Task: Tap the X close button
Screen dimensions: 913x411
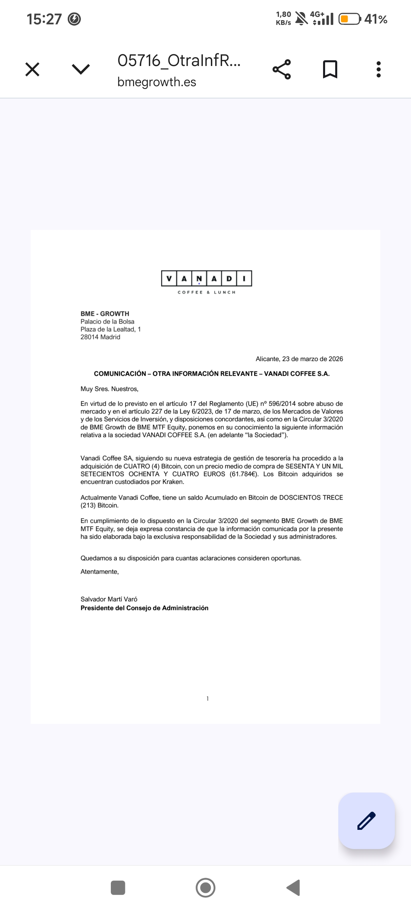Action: pos(32,69)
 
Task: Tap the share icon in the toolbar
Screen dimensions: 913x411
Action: pos(282,69)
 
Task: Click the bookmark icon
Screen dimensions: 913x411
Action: pos(330,69)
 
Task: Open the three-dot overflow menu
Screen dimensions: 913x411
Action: pos(378,69)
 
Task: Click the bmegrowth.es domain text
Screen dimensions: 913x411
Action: pos(156,82)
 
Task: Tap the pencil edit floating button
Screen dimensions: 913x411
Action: pos(366,820)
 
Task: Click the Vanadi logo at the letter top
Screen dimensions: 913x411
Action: pos(207,282)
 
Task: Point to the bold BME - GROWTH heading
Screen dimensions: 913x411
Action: pos(105,314)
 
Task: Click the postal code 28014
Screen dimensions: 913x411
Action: pos(89,337)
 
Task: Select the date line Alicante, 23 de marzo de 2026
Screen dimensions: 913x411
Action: pos(299,359)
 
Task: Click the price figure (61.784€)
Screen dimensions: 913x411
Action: pos(244,474)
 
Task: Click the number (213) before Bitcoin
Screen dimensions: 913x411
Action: pos(88,505)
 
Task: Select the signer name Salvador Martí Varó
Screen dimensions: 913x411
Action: pos(109,599)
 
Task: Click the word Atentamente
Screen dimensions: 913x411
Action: pos(99,572)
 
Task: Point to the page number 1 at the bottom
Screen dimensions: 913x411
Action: pos(208,699)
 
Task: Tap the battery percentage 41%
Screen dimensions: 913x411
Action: pos(376,19)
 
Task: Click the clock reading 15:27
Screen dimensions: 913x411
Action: pos(44,19)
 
